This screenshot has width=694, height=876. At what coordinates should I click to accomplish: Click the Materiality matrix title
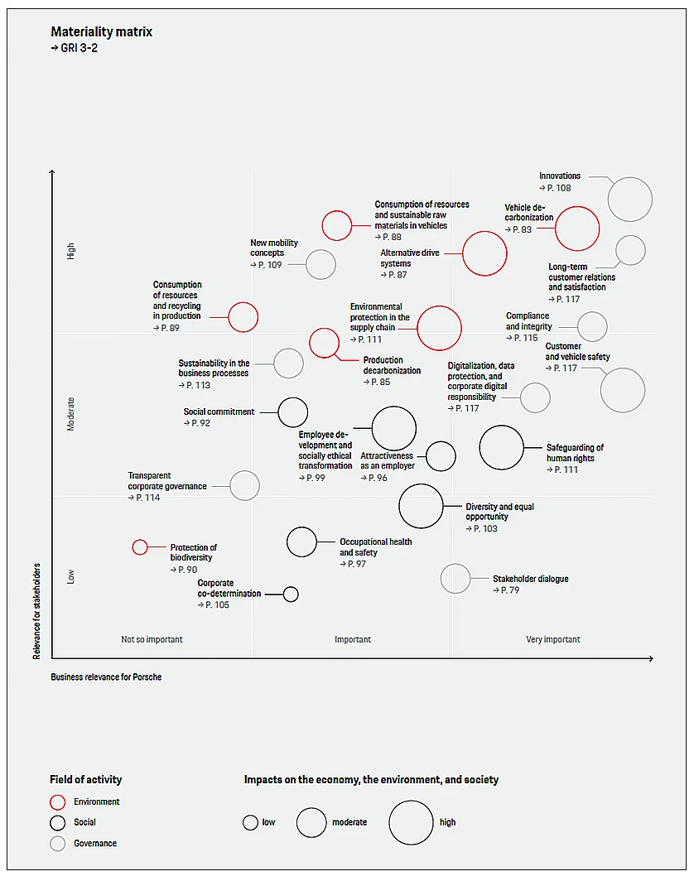(102, 32)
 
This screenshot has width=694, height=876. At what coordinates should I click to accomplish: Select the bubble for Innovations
(630, 200)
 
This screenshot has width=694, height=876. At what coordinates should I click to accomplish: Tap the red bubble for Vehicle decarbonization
(577, 229)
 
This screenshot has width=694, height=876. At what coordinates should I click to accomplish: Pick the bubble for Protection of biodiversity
(140, 547)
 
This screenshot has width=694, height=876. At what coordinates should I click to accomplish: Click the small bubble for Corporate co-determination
(291, 594)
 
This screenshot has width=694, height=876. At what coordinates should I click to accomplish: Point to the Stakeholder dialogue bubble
(455, 579)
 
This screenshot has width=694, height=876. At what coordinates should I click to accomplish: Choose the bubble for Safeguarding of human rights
(501, 447)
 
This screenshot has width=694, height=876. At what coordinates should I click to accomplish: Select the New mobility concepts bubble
(320, 265)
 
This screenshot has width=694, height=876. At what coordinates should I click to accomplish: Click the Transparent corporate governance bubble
(244, 485)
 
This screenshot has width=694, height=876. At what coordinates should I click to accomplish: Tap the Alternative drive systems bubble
(484, 253)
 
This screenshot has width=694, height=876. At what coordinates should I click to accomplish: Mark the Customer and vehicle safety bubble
(623, 390)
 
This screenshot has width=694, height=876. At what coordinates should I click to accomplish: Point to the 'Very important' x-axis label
(553, 639)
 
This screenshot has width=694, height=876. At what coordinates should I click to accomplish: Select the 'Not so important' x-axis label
(152, 639)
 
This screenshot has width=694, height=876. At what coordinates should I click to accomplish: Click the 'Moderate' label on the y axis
(71, 413)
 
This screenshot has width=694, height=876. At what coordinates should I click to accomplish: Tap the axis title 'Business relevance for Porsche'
(106, 676)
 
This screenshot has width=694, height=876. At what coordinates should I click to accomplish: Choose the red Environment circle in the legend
(58, 802)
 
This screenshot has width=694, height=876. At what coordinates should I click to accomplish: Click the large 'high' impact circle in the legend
(412, 822)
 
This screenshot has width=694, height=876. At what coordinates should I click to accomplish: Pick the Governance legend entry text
(95, 843)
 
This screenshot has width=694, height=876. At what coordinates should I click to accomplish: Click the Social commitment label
(219, 412)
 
